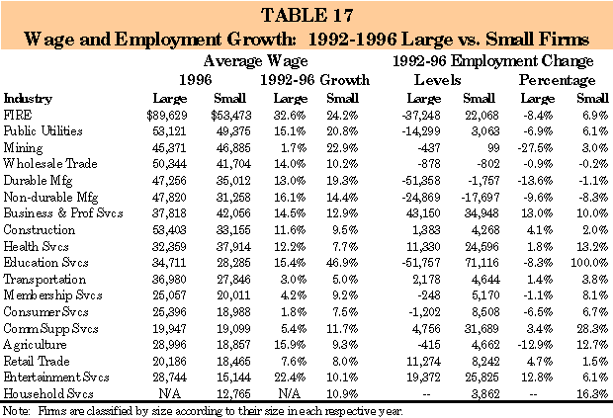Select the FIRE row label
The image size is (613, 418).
click(x=18, y=115)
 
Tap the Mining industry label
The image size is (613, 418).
click(x=24, y=146)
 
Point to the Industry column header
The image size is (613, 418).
click(x=28, y=99)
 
